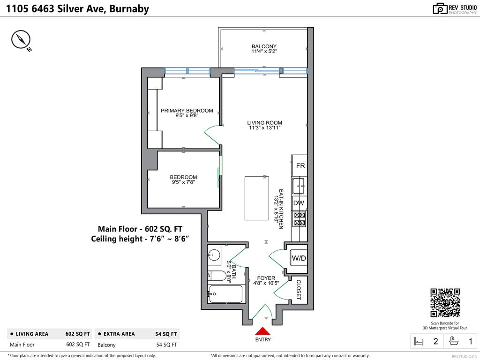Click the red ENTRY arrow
pos(262,331)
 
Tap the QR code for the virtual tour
pos(445,303)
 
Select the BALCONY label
pos(264,46)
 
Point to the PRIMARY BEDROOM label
pos(187,111)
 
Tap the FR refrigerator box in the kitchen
pos(300,166)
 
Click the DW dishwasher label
pos(299,203)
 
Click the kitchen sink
pos(299,186)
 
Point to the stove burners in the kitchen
pos(299,219)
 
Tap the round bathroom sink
pos(214,255)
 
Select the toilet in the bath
pos(217,276)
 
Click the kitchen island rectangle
pos(257,198)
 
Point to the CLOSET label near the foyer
pos(299,290)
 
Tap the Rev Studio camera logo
pos(440,8)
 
